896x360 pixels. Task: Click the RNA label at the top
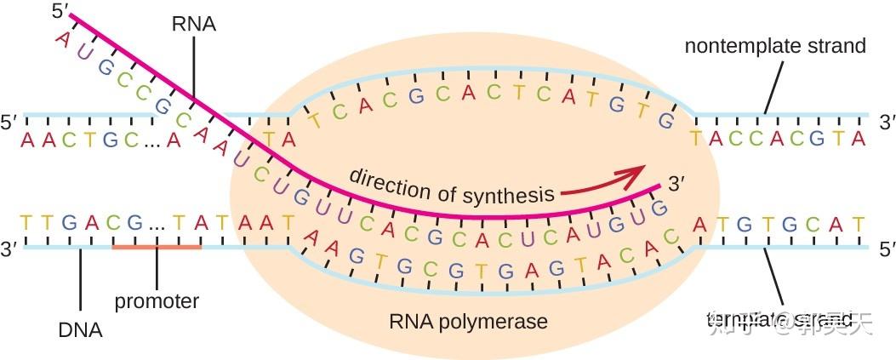pos(193,25)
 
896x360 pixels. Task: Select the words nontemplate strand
pos(775,46)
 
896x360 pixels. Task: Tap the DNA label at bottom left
pos(82,329)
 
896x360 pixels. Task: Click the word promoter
pos(157,301)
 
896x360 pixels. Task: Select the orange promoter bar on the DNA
pos(157,248)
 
